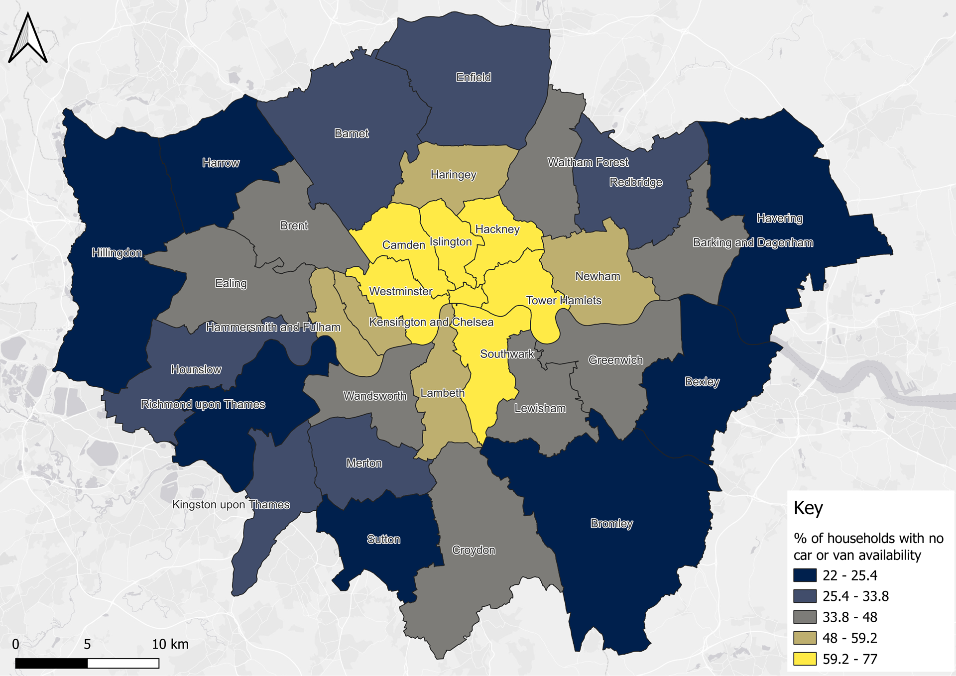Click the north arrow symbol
[28, 39]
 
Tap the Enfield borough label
[474, 77]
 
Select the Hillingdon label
[117, 253]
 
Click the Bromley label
[611, 523]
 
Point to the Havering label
[780, 218]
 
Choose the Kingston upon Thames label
[231, 505]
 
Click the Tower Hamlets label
[564, 300]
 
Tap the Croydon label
[474, 550]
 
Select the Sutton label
[383, 539]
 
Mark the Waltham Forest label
[588, 162]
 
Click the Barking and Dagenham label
[753, 242]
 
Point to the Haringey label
[453, 175]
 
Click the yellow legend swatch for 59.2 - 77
[805, 659]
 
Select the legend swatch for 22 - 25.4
[805, 575]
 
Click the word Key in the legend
[808, 508]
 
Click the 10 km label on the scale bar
[170, 644]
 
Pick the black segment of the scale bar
[51, 663]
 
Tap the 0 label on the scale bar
[15, 644]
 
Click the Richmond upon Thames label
[203, 404]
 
